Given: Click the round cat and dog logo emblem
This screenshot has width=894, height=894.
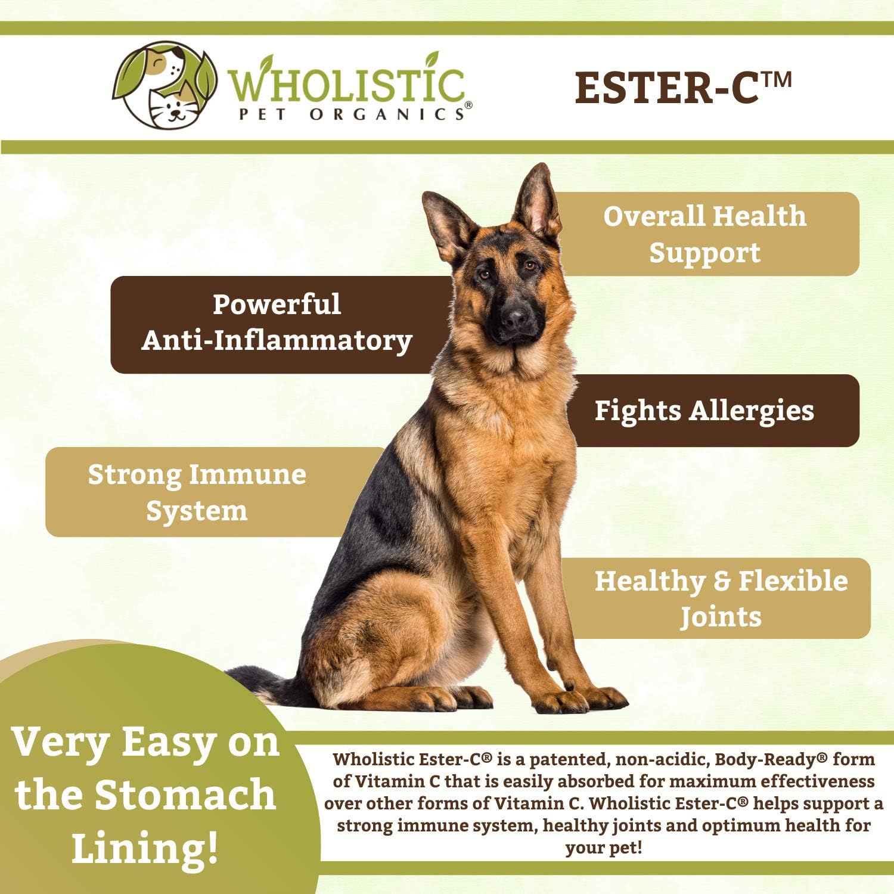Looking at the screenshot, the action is (x=164, y=84).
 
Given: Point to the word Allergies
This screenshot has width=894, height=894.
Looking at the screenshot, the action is (x=752, y=411).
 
